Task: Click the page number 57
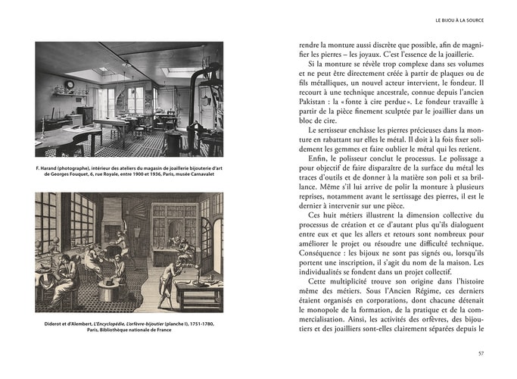point(481,352)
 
